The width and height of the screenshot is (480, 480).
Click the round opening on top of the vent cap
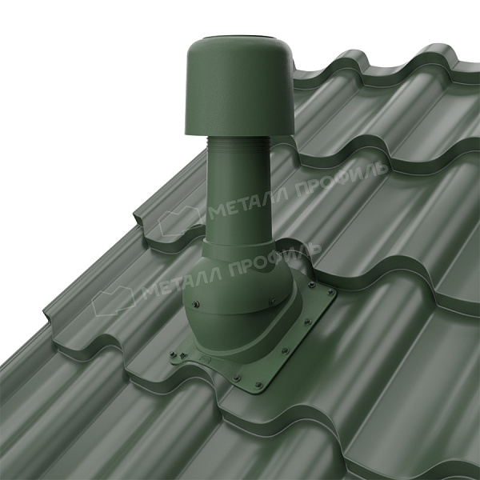[240, 38]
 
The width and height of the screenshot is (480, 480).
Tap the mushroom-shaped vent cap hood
[240, 89]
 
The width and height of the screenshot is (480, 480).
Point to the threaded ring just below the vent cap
[238, 143]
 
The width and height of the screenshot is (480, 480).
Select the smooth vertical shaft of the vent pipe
[236, 196]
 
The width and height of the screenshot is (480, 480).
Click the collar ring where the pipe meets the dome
[238, 249]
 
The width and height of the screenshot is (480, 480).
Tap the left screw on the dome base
[196, 304]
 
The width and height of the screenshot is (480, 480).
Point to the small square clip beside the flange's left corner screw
[183, 355]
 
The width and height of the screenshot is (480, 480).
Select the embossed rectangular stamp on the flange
[203, 358]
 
